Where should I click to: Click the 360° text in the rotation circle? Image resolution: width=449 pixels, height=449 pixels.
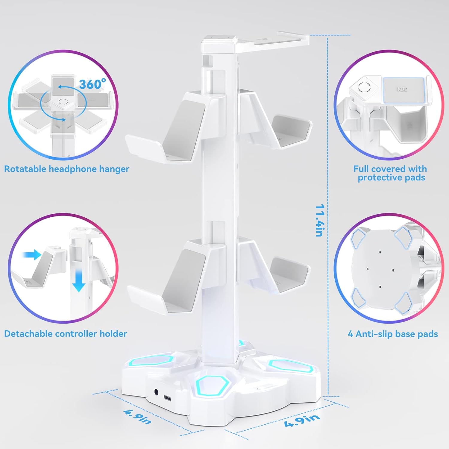pos(92,84)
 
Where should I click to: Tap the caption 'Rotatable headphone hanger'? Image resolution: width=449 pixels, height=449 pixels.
pos(66,169)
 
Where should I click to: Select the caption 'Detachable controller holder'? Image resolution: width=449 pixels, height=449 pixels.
pos(66,334)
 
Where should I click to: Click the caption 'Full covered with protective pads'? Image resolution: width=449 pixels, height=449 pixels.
pos(391,173)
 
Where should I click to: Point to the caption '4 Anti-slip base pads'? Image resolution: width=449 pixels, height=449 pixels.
pos(393,334)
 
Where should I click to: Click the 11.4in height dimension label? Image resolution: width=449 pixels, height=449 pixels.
pos(320,220)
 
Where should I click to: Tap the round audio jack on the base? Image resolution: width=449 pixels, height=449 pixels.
pos(156,392)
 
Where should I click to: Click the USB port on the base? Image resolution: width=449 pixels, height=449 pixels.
pos(168,398)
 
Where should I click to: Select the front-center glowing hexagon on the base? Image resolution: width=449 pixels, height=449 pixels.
pos(213,384)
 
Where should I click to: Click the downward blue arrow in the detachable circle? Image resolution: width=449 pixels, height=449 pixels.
pos(79,280)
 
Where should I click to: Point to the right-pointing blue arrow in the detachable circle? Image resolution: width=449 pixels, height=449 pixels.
pos(32,255)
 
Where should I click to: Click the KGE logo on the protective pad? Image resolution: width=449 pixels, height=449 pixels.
pos(402,89)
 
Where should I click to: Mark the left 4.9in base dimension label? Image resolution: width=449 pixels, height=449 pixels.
pos(138,417)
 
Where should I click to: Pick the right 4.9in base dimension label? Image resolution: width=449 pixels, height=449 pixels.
pos(302,420)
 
